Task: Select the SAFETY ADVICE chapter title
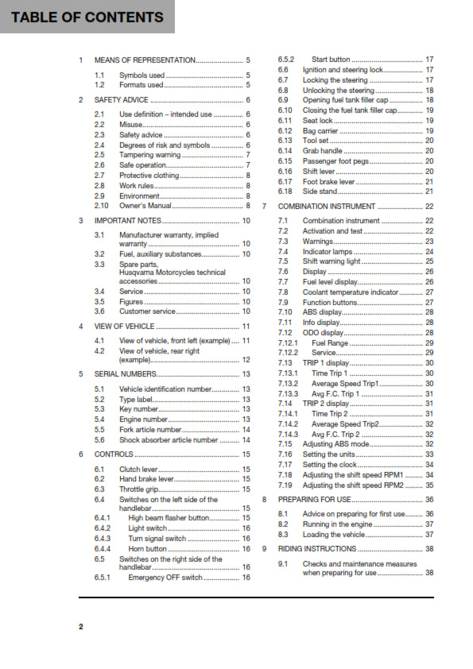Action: pyautogui.click(x=121, y=100)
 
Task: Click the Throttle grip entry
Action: pyautogui.click(x=139, y=489)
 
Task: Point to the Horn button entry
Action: pyautogui.click(x=147, y=549)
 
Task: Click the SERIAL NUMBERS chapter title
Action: pyautogui.click(x=126, y=373)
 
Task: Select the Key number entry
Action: pyautogui.click(x=138, y=408)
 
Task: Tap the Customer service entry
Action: pyautogui.click(x=147, y=311)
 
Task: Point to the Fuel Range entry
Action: pyautogui.click(x=329, y=342)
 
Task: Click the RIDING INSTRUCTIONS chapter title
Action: pyautogui.click(x=317, y=549)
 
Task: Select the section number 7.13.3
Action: pyautogui.click(x=288, y=393)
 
